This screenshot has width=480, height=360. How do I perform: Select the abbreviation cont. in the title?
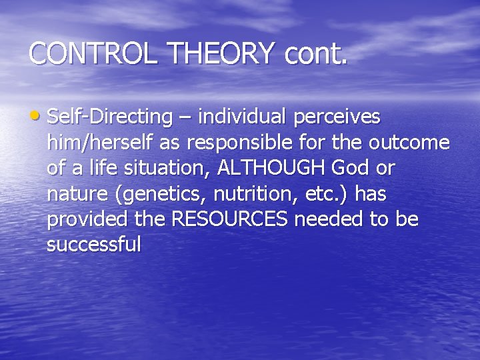tap(316, 54)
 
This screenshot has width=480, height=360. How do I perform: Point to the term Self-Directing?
tap(110, 117)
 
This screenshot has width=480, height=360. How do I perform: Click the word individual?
tap(235, 117)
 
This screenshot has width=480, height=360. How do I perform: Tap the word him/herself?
tap(100, 143)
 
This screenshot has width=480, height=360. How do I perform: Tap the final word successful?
tap(94, 245)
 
